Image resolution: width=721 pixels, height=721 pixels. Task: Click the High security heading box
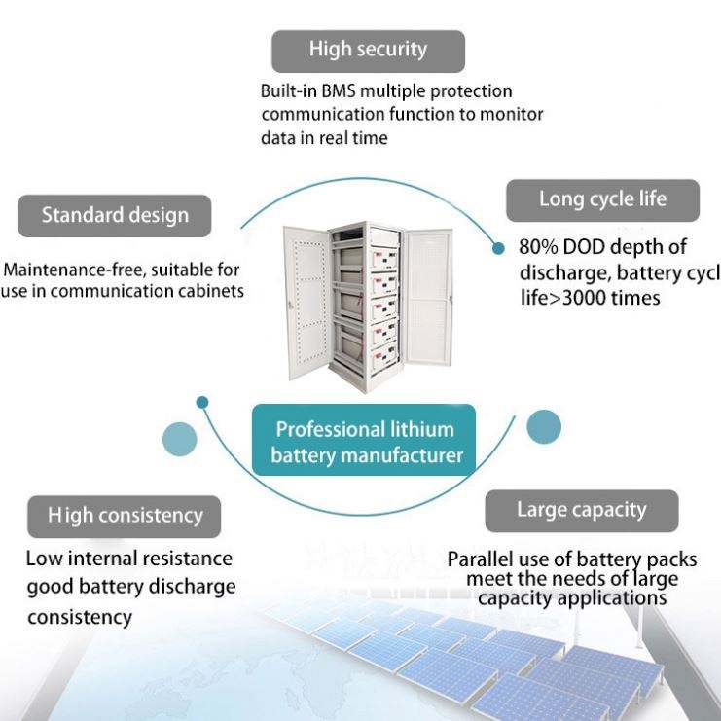pos(368,50)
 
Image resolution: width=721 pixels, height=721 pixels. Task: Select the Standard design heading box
pos(115,216)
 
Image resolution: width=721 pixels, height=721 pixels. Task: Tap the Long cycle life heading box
pos(602,200)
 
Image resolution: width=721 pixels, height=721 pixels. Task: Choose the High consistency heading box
pos(125,516)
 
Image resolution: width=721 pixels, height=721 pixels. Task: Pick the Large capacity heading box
pos(581,510)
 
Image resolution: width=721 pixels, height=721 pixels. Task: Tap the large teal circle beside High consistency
pos(179,439)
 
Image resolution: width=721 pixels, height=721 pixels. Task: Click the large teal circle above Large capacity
pos(544,426)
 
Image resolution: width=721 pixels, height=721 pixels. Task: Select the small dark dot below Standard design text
pos(202,401)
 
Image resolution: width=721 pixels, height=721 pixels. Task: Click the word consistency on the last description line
pos(79,617)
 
